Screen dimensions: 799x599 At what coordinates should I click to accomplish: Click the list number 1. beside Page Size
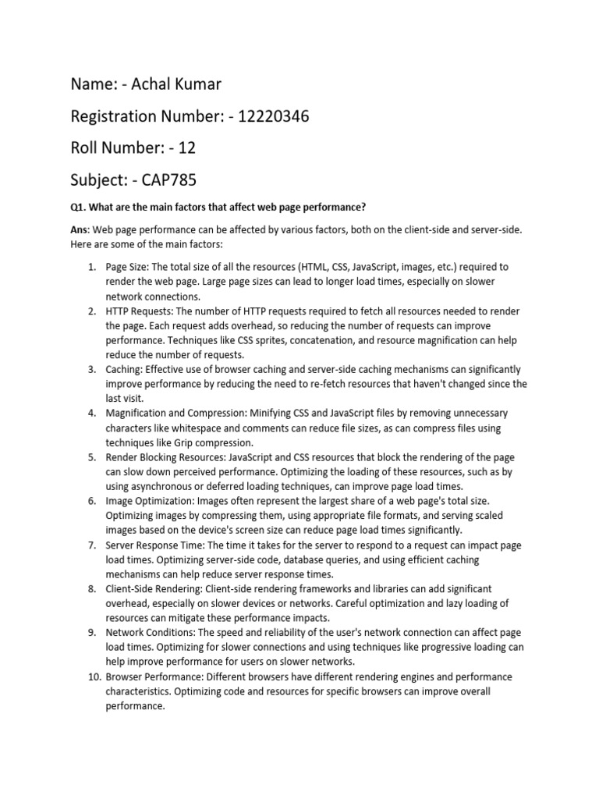(x=90, y=268)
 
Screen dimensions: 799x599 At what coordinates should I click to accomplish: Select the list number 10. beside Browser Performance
(x=88, y=677)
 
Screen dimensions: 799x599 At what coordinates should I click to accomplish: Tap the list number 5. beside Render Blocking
(x=90, y=457)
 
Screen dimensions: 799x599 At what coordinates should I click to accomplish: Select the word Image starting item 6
(x=121, y=501)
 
